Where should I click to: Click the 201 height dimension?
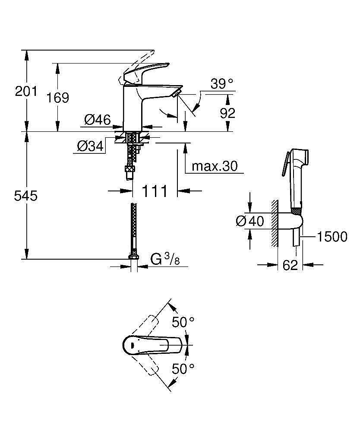tap(26, 91)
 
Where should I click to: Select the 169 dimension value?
tap(58, 98)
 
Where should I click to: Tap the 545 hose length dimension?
tap(26, 196)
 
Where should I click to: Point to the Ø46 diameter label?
tap(97, 120)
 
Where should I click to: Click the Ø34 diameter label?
tap(90, 147)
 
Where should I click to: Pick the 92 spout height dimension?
tap(227, 113)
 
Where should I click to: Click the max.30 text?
tap(215, 166)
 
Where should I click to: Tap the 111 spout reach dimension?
tap(155, 191)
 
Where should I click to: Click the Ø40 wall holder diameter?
tap(250, 221)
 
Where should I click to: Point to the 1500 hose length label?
tap(332, 237)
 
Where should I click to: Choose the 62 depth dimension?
tap(291, 265)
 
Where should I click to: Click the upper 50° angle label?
tap(183, 322)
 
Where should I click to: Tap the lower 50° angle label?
tap(183, 368)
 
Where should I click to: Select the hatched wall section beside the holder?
tap(274, 224)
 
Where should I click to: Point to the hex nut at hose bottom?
tap(134, 258)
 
